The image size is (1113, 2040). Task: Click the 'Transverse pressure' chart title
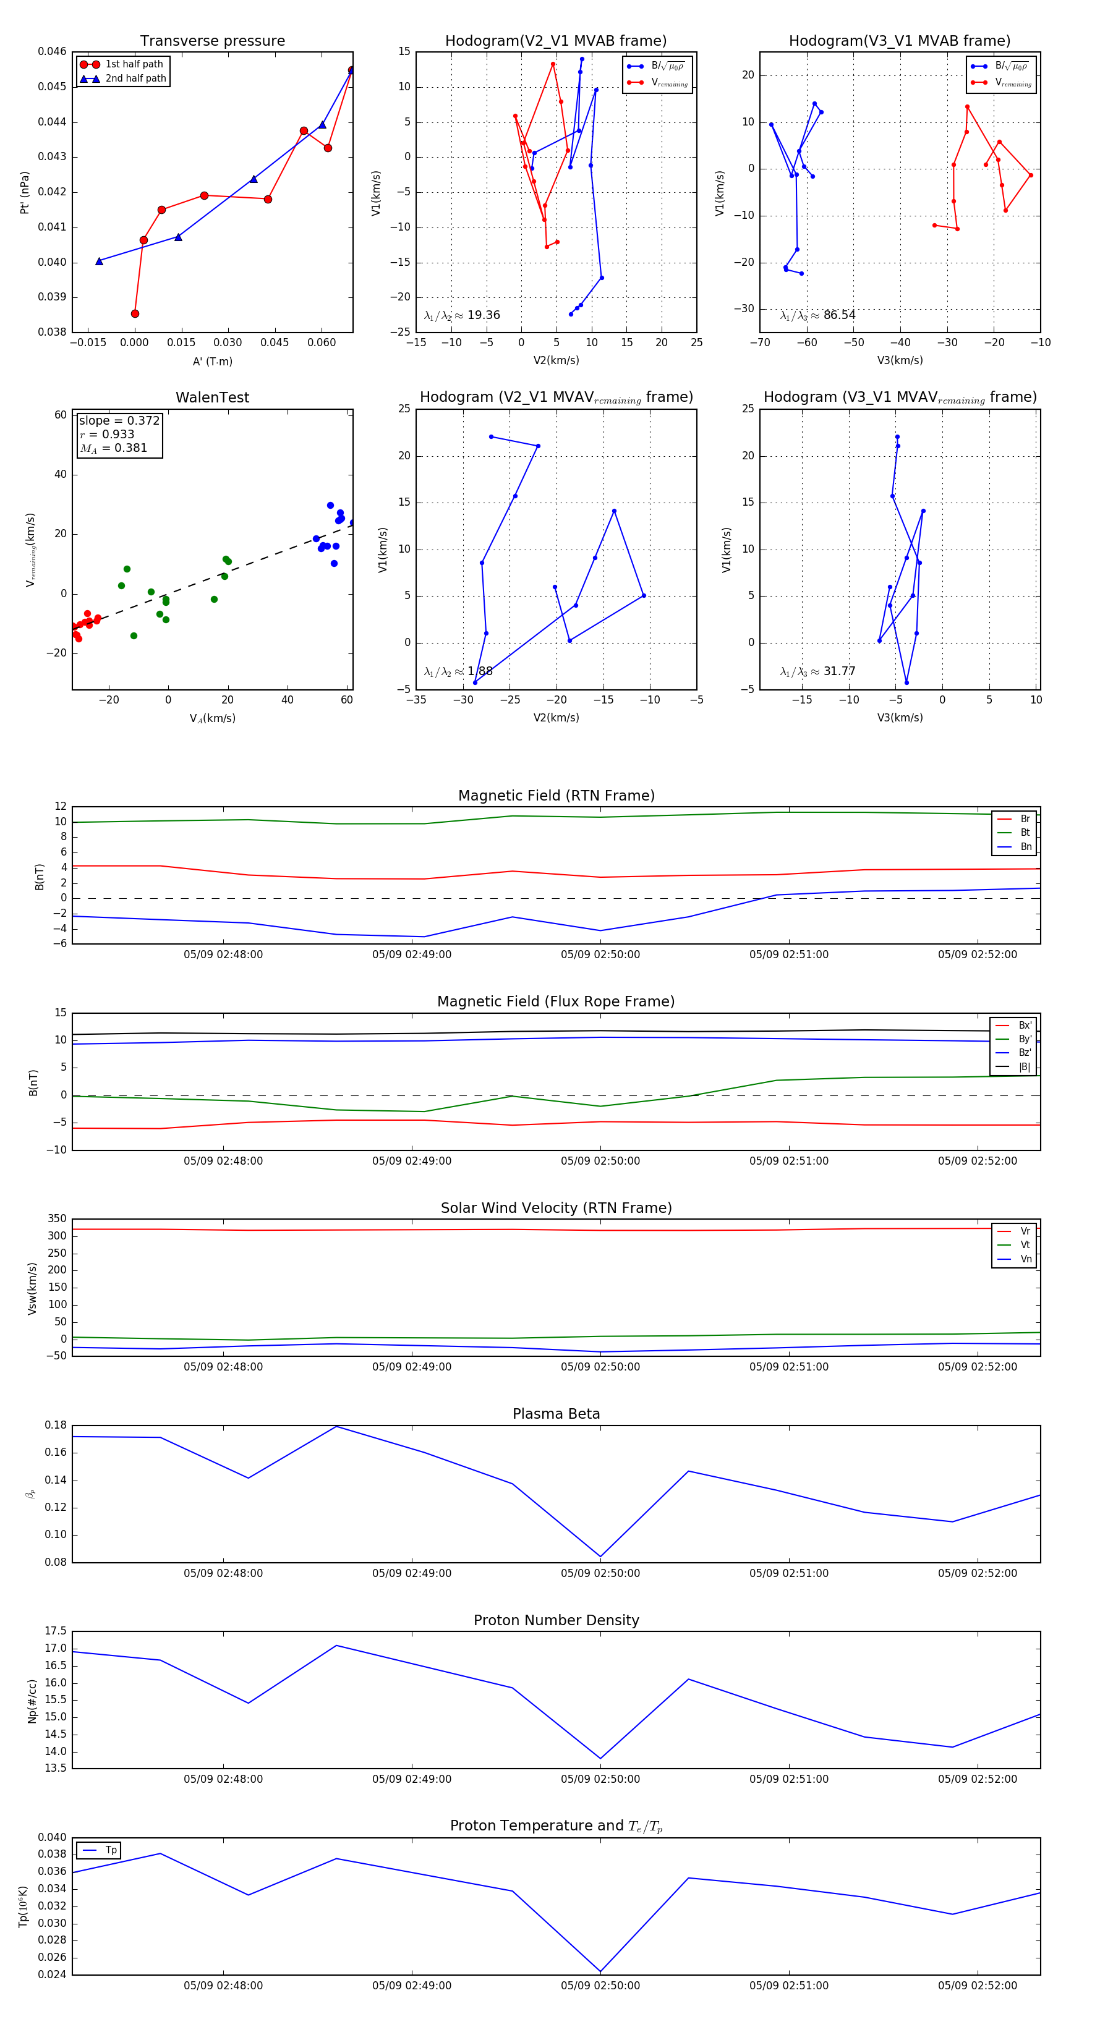pyautogui.click(x=212, y=41)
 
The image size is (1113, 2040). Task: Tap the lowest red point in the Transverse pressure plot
pyautogui.click(x=135, y=313)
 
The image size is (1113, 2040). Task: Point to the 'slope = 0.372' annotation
pyautogui.click(x=119, y=420)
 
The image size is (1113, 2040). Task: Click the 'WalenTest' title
pyautogui.click(x=212, y=397)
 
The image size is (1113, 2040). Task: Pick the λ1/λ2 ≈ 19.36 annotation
pyautogui.click(x=462, y=315)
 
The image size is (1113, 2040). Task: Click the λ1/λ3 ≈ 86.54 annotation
pyautogui.click(x=817, y=315)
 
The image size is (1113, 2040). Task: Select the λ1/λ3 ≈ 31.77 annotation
pyautogui.click(x=817, y=671)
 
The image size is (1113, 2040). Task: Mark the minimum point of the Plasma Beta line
pyautogui.click(x=600, y=1556)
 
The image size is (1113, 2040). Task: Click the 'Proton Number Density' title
pyautogui.click(x=556, y=1620)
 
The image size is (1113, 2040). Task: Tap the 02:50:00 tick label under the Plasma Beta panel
pyautogui.click(x=600, y=1573)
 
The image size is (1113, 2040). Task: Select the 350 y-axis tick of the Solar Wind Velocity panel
pyautogui.click(x=57, y=1219)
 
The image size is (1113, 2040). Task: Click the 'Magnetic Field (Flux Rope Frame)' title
pyautogui.click(x=556, y=1002)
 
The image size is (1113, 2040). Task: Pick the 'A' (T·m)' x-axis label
pyautogui.click(x=212, y=362)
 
